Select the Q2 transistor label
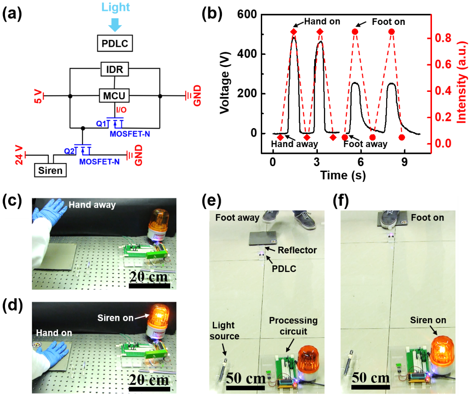[x=70, y=151]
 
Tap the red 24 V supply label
[x=19, y=154]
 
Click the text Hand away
[x=92, y=205]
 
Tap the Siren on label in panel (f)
[x=428, y=320]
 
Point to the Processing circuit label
[x=293, y=326]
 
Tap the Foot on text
[x=427, y=218]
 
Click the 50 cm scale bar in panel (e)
[x=245, y=387]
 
